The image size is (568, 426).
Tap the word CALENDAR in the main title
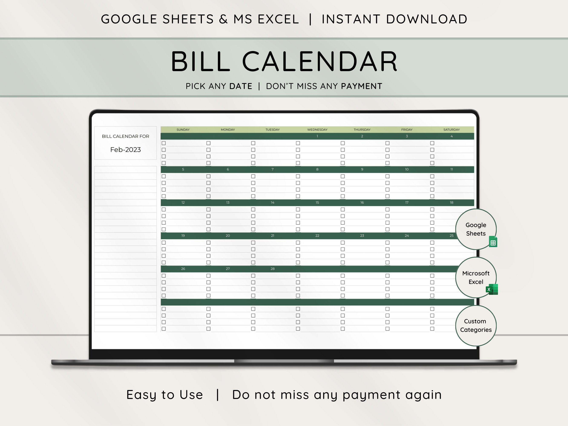320,62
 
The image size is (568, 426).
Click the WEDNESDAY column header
317,130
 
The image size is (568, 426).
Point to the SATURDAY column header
452,130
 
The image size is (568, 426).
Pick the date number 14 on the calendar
272,203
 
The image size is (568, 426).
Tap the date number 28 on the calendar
272,269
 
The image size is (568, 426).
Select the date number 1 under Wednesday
317,136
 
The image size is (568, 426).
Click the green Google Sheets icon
493,242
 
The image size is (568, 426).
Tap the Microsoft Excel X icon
492,289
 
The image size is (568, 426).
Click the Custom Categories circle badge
476,326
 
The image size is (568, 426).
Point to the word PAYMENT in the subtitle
362,86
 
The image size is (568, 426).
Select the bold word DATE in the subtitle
241,86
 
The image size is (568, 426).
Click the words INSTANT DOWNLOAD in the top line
394,19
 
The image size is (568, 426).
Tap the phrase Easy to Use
165,395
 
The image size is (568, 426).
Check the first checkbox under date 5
164,176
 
